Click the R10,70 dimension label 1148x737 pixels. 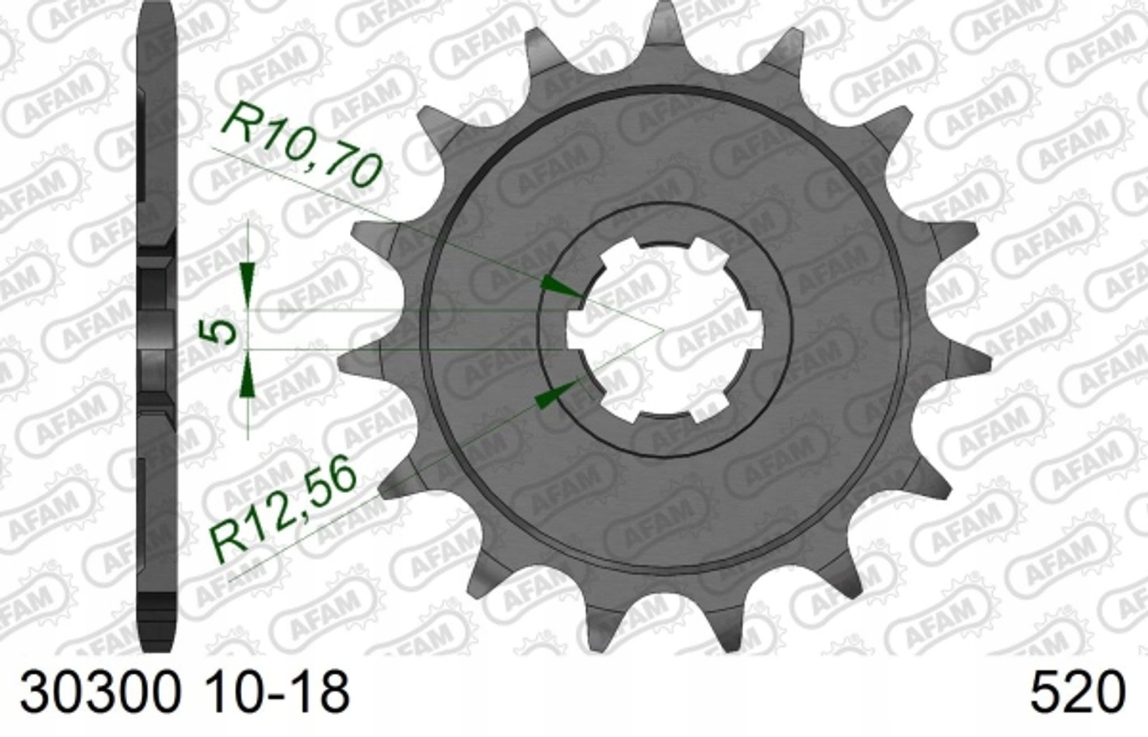click(x=303, y=145)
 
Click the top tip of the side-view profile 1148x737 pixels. click(x=158, y=11)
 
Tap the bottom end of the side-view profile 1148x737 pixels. click(x=158, y=645)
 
